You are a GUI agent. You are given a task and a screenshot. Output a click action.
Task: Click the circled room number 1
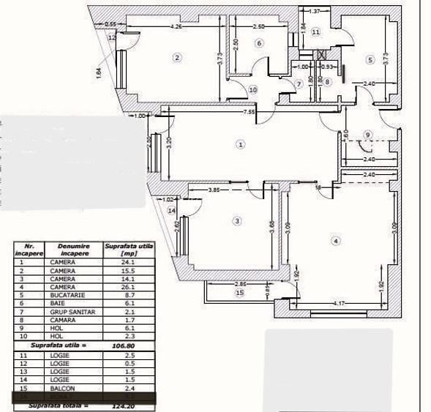pyautogui.click(x=241, y=144)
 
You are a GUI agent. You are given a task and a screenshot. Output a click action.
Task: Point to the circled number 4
pyautogui.click(x=336, y=240)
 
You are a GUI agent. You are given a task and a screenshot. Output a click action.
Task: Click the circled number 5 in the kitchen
pyautogui.click(x=370, y=59)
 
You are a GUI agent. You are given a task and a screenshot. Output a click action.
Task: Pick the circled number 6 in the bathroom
pyautogui.click(x=259, y=43)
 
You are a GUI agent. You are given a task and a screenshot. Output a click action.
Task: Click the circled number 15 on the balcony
pyautogui.click(x=239, y=293)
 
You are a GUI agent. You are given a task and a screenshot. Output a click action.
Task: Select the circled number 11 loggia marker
pyautogui.click(x=315, y=32)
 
